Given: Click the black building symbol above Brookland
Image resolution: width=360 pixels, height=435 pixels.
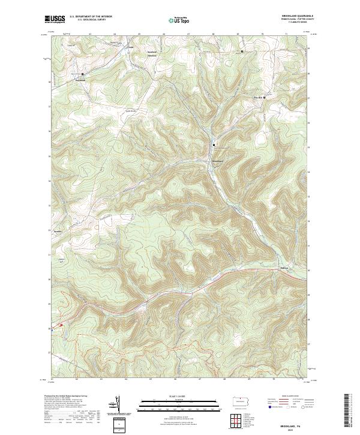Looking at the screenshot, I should click(214, 144).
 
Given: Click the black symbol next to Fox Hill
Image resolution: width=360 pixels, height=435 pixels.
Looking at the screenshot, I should click(265, 96).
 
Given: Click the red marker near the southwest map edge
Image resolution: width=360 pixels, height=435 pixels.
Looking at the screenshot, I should click(61, 325).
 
